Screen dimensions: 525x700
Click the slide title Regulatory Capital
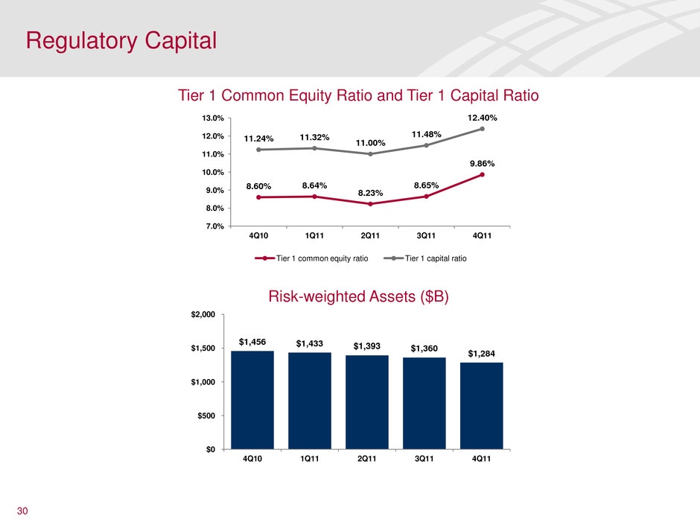coord(121,40)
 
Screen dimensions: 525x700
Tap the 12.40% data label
coord(483,118)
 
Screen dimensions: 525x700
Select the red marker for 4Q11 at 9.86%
coord(483,174)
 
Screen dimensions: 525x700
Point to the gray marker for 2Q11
coord(370,154)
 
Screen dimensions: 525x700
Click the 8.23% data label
coord(370,193)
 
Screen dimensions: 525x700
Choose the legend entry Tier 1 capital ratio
coord(437,258)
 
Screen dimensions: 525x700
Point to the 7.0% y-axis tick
coord(215,226)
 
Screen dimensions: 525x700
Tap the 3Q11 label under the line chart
coord(426,236)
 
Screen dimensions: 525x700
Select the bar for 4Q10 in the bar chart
coord(252,399)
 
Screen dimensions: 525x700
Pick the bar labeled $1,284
coord(482,405)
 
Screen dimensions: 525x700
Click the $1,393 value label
coord(367,346)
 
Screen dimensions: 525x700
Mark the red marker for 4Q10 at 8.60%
coord(258,197)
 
